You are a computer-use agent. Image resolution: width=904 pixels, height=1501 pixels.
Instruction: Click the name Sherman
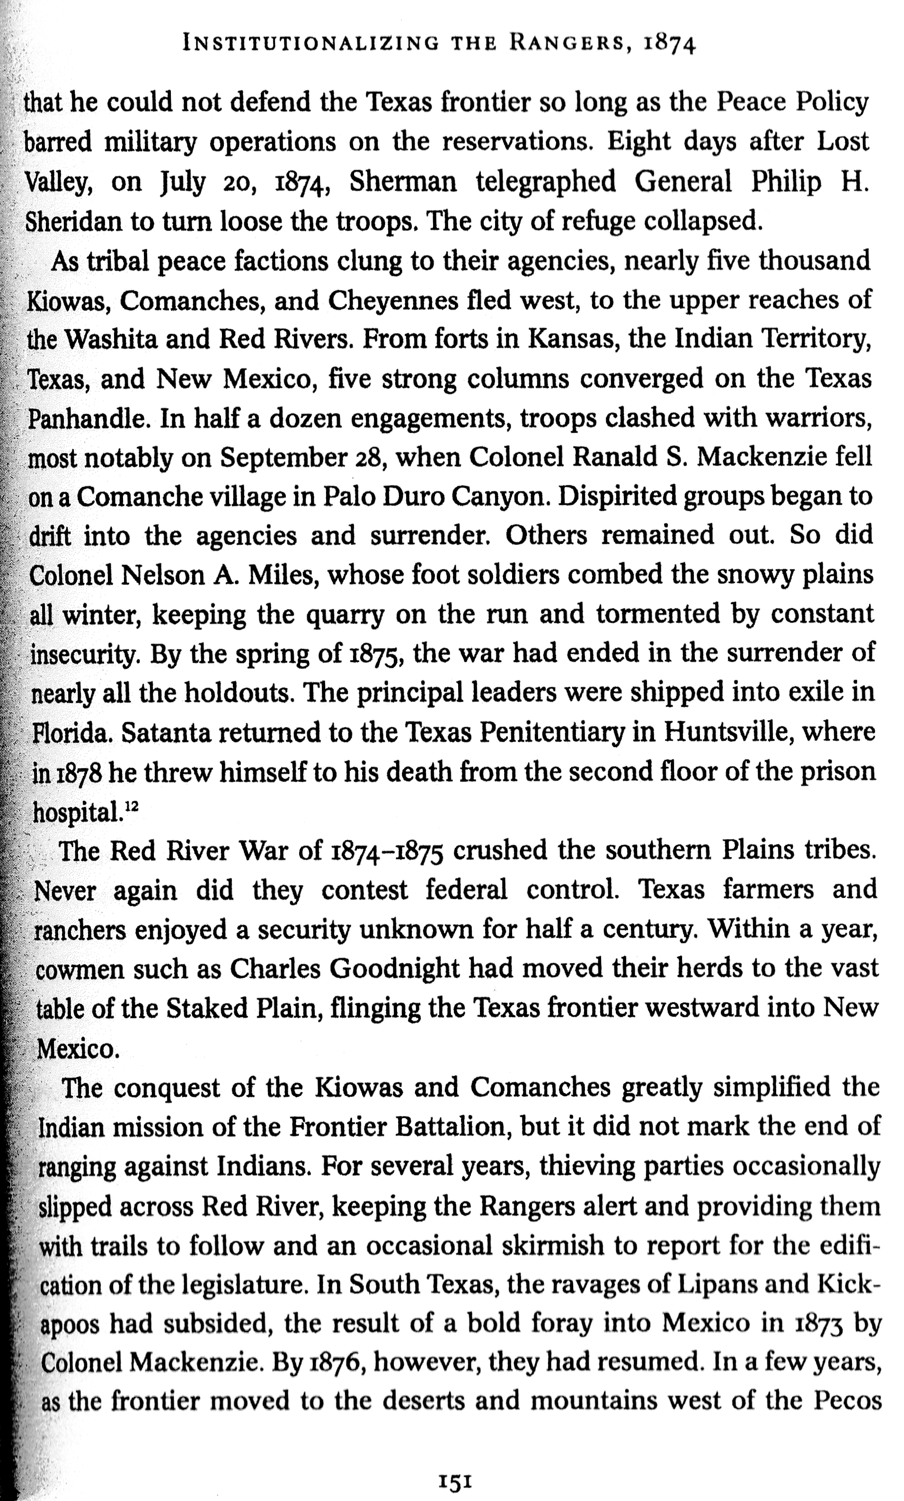[x=403, y=182]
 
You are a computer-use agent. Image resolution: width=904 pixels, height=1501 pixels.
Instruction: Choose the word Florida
[x=72, y=733]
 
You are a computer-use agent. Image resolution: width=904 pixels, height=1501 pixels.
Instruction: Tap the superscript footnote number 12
[x=131, y=807]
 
